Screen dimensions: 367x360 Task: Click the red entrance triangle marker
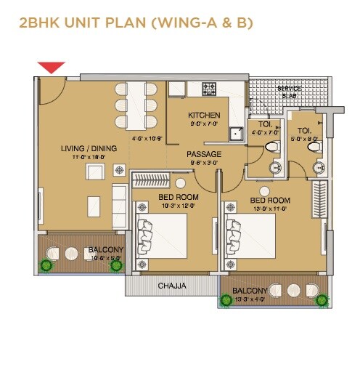tap(52, 68)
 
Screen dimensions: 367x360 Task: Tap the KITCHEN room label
tap(204, 116)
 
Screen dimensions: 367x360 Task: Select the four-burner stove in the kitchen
tap(209, 89)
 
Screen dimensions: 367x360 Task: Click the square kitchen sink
tap(237, 134)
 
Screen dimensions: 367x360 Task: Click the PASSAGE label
tap(204, 154)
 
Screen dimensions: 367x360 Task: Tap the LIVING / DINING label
tap(83, 148)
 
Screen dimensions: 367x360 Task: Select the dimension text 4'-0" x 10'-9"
tap(146, 138)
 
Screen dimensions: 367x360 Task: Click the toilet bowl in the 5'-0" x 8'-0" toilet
tap(316, 148)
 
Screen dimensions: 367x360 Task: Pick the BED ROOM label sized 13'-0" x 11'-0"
tap(270, 200)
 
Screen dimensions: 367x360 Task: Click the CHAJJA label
tap(172, 286)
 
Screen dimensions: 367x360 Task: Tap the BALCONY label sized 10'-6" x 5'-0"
tap(106, 250)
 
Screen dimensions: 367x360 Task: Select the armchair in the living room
tap(94, 172)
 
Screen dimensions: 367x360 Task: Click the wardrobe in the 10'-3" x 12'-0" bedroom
tap(153, 179)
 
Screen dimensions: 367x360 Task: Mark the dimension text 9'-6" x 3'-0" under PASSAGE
tap(204, 164)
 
